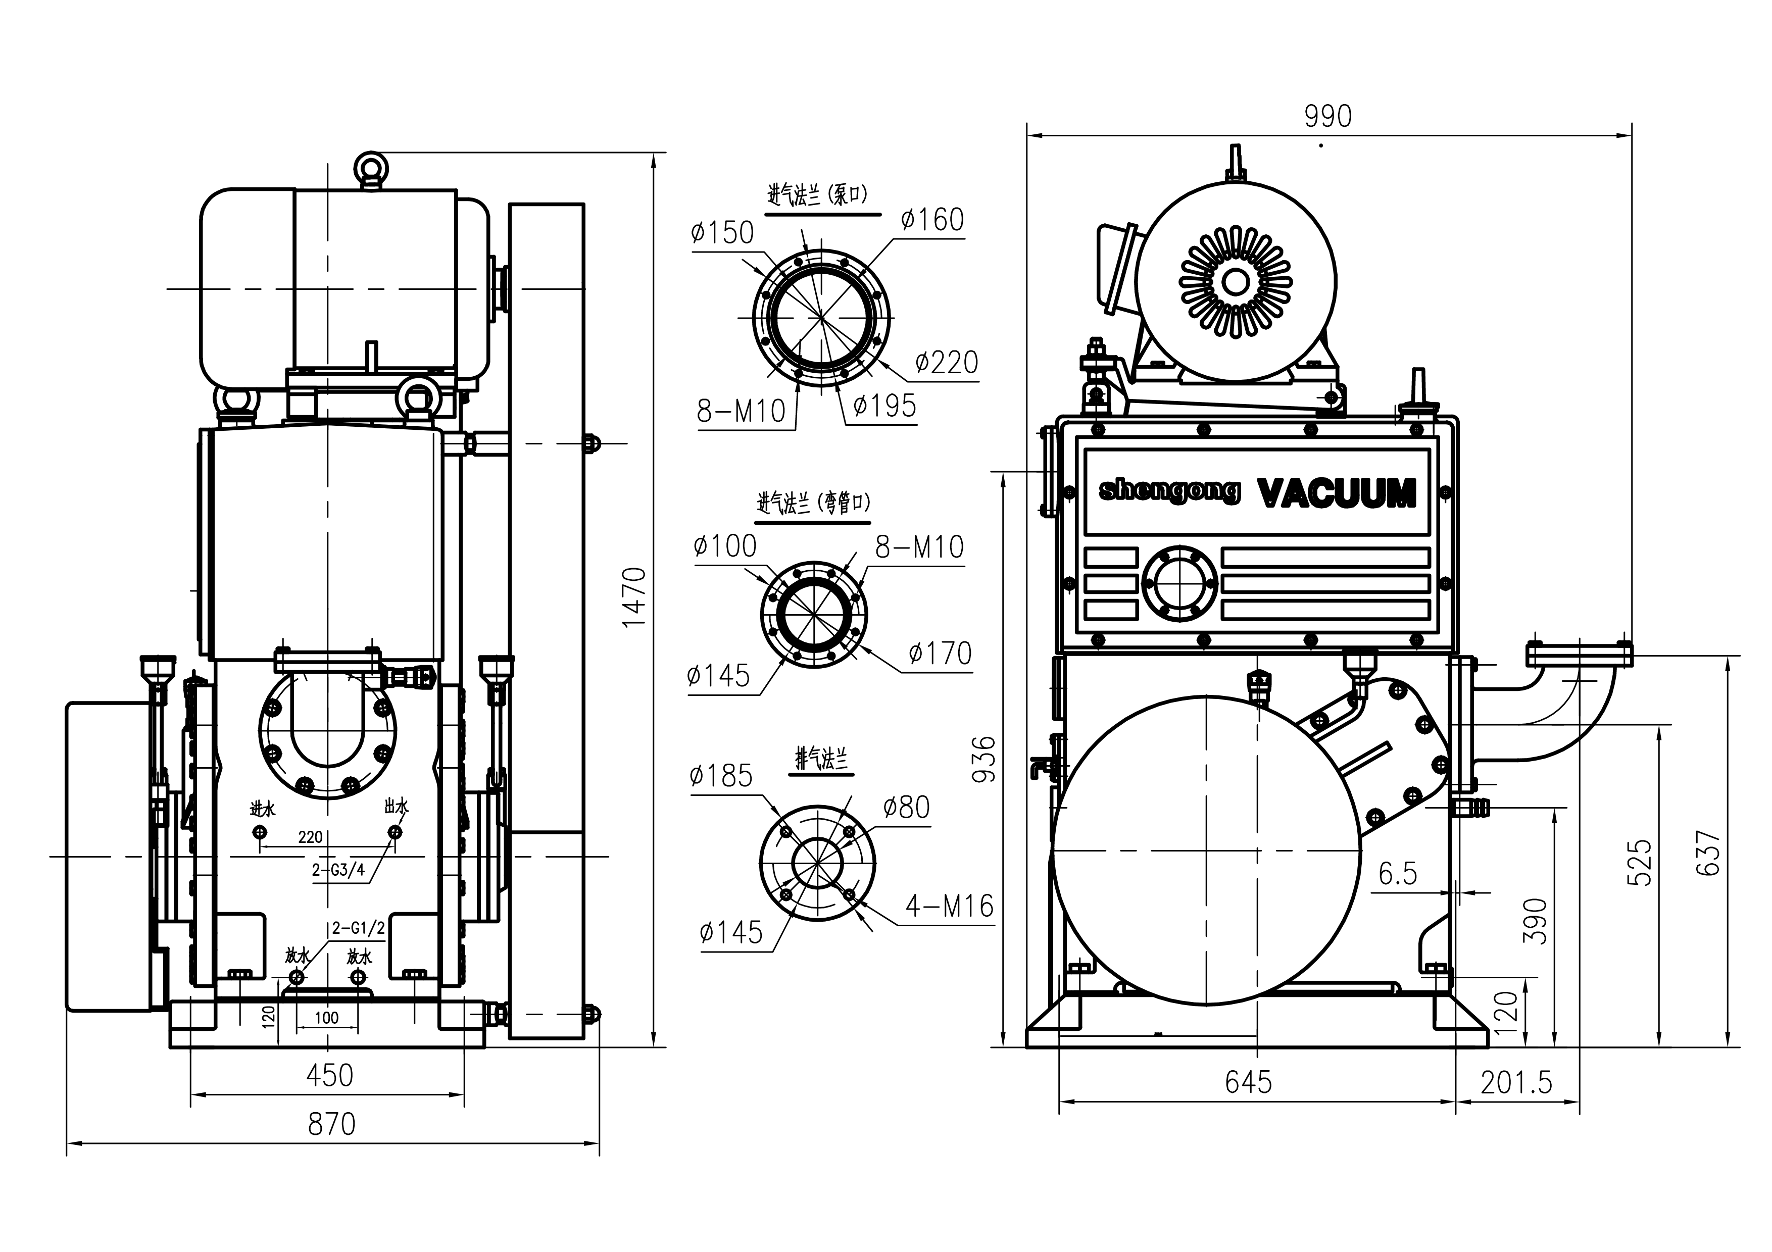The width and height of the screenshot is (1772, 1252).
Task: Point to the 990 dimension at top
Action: (x=1327, y=117)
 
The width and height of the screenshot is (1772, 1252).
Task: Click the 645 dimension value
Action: (x=1248, y=1082)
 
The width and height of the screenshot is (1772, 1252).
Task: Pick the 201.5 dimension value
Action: (x=1516, y=1083)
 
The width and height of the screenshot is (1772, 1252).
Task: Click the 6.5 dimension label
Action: (x=1398, y=874)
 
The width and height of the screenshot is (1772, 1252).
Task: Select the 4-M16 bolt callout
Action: (x=949, y=906)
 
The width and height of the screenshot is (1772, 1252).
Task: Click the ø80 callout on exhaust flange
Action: (x=906, y=808)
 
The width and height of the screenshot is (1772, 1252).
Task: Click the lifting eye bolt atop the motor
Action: (x=370, y=168)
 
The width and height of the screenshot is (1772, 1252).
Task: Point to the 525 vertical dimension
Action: (x=1639, y=863)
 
